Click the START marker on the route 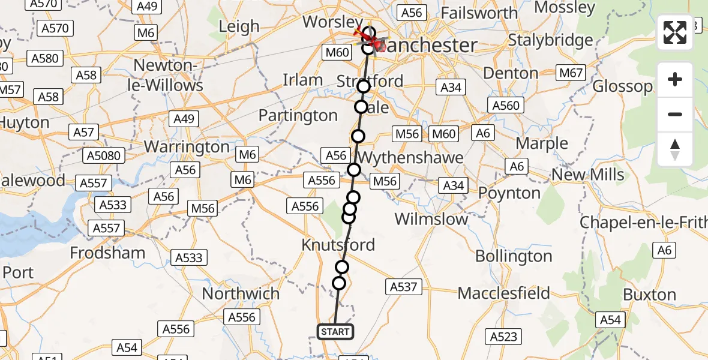click(x=335, y=331)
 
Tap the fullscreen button click(x=675, y=32)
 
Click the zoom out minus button click(x=675, y=114)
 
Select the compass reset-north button click(x=675, y=149)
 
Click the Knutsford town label click(x=338, y=245)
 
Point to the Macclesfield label click(x=503, y=293)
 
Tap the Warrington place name click(x=187, y=147)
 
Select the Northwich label click(x=241, y=294)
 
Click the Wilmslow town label click(x=431, y=219)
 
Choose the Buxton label click(x=650, y=295)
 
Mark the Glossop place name click(x=622, y=86)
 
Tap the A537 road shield click(x=403, y=287)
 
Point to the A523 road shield click(x=503, y=337)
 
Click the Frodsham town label click(x=107, y=253)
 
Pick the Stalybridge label click(x=550, y=41)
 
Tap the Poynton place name click(x=509, y=193)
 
